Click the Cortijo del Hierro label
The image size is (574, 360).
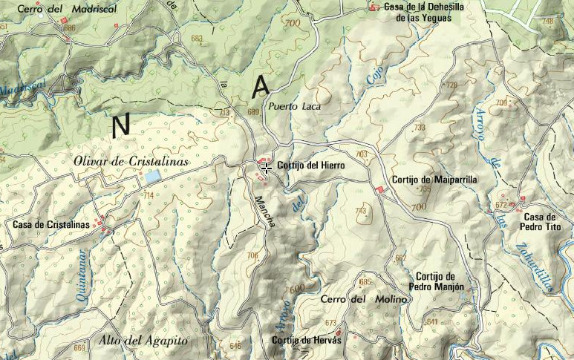tap(310, 166)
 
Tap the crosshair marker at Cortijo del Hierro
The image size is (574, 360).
tap(265, 168)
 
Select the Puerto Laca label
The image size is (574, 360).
tap(293, 106)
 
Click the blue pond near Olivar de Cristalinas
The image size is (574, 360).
tap(152, 177)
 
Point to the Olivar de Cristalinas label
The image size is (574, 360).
tap(131, 162)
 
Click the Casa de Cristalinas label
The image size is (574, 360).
tap(50, 224)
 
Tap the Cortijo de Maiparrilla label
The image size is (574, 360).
tap(434, 180)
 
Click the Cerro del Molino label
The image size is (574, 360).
tap(364, 299)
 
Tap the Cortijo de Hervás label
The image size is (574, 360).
tap(306, 339)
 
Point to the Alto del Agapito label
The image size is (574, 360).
tap(143, 341)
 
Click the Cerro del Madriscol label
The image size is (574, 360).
tap(46, 8)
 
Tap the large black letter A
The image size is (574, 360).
tap(260, 88)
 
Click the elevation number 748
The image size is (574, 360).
tap(548, 22)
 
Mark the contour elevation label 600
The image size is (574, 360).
tap(297, 289)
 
